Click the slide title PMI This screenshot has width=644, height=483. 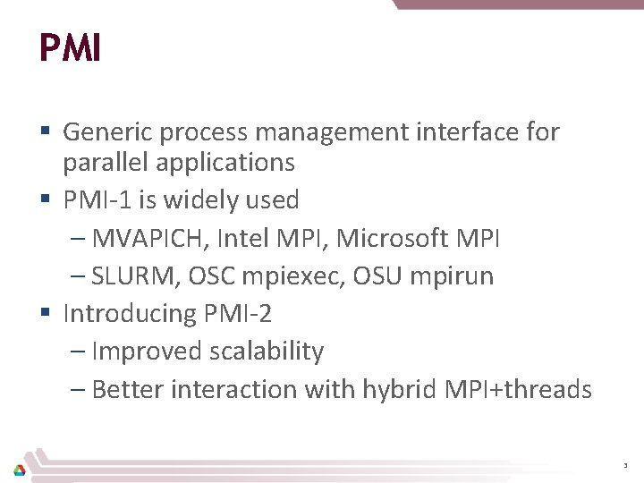point(70,48)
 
